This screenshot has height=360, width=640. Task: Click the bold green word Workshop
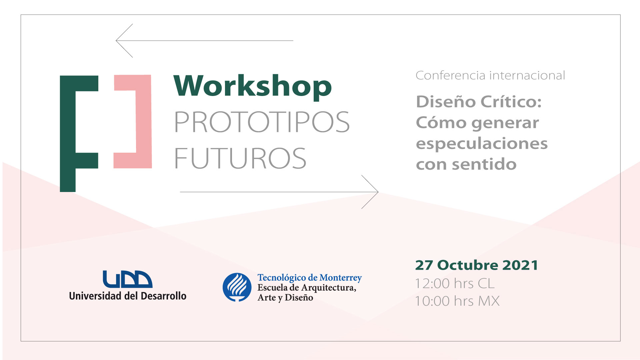coord(253,86)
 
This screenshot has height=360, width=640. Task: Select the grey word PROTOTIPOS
coord(262,122)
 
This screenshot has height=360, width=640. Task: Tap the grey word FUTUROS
coord(240,158)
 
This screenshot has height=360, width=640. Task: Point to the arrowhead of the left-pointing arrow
coord(116,41)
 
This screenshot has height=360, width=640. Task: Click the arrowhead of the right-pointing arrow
coord(378,192)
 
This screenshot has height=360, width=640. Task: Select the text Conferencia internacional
coord(490,75)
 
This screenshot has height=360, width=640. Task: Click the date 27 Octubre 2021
coord(477,265)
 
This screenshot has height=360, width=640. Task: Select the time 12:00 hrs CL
coord(455,284)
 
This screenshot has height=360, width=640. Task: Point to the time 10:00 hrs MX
coord(457,301)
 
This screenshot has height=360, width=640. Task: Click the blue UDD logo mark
coord(127,279)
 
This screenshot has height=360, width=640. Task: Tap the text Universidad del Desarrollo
coord(128,296)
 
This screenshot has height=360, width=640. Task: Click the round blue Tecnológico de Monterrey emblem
coord(237,287)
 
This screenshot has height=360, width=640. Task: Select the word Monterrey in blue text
coord(341,278)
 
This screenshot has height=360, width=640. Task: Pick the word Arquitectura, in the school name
coord(329,288)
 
